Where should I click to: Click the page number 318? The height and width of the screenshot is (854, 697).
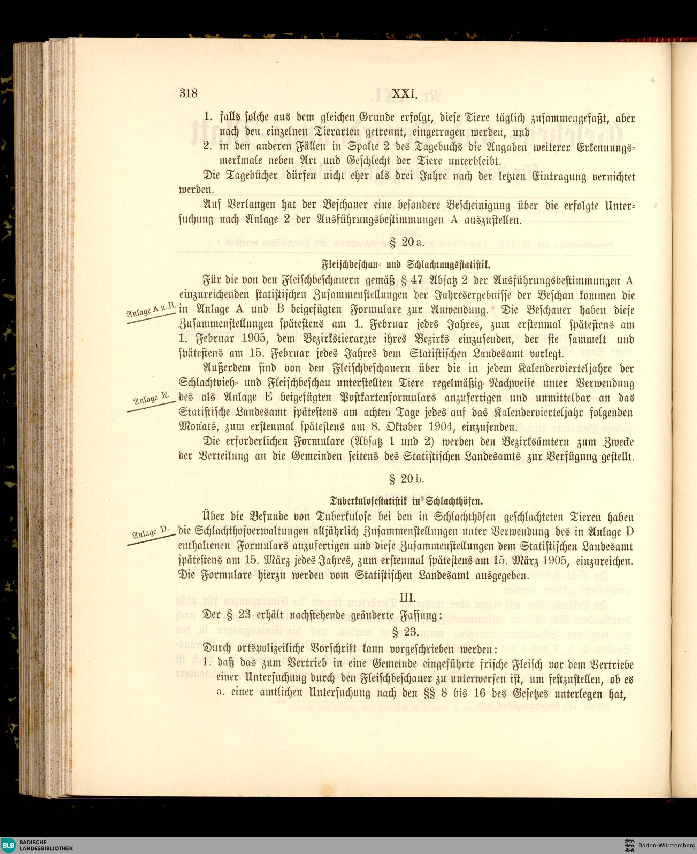(x=189, y=93)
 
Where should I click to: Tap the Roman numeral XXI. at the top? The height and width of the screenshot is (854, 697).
(x=405, y=93)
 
